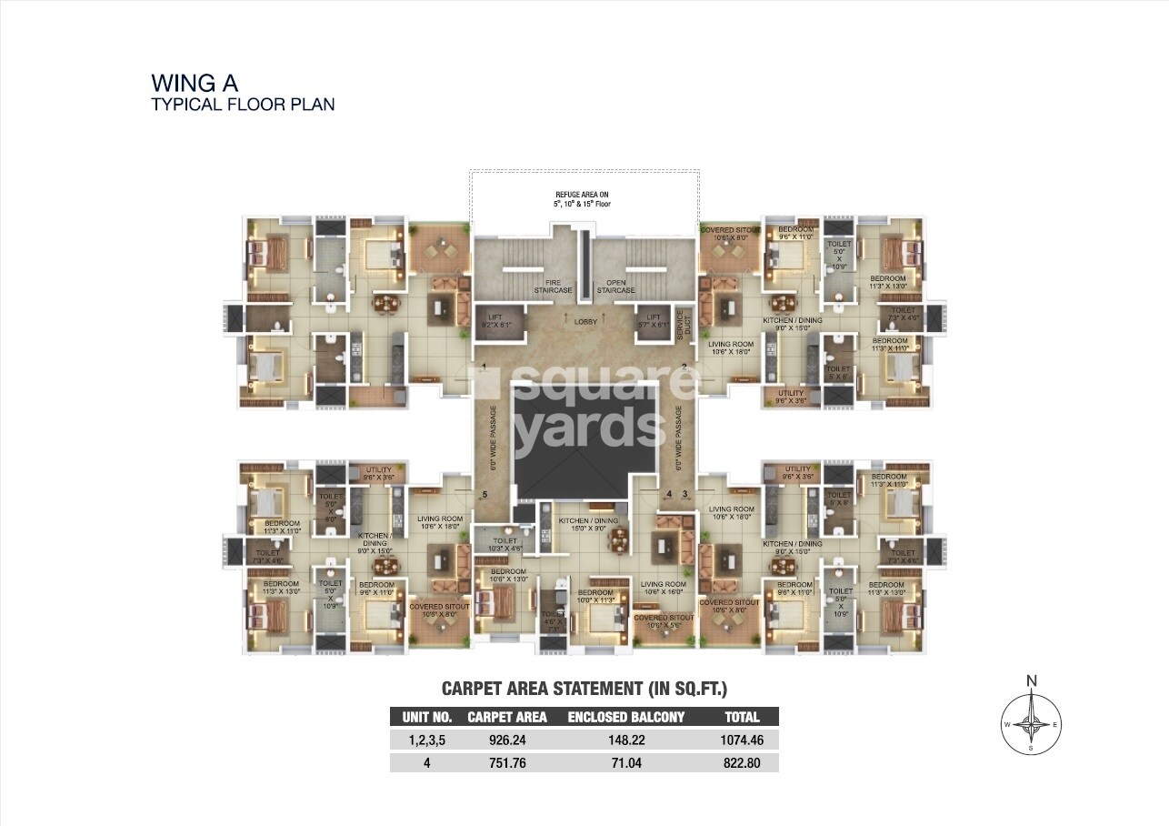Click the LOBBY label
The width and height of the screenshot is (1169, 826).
[585, 320]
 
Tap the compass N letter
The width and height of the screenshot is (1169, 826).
[1032, 680]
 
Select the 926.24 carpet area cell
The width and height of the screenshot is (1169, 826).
[507, 740]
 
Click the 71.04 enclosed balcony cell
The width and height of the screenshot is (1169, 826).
[625, 763]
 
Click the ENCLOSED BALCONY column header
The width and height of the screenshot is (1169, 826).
[625, 717]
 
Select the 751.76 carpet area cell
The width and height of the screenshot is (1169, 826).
[507, 763]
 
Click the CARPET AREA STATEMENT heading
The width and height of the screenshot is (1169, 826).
[584, 688]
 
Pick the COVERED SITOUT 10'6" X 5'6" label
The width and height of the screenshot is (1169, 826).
[664, 621]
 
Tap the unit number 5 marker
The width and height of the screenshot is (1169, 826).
[485, 495]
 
